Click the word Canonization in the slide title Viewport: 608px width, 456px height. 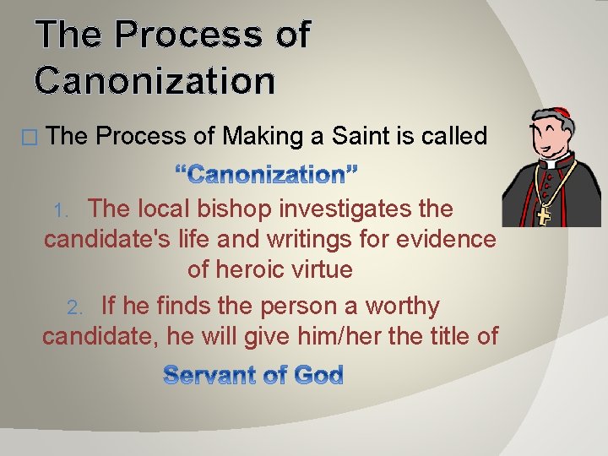[x=155, y=81]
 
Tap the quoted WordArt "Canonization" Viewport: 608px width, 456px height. [x=267, y=175]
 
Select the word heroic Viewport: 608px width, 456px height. [x=251, y=271]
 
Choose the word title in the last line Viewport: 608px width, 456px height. [x=441, y=336]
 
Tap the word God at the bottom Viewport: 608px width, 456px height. [x=318, y=375]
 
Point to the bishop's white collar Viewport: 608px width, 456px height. [x=553, y=160]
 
